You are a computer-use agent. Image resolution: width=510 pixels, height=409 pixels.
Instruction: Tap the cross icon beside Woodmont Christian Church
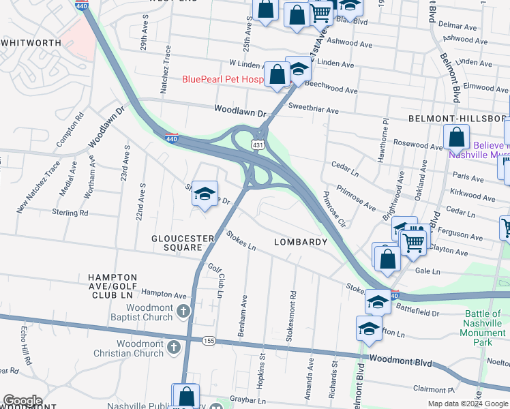coord(173,347)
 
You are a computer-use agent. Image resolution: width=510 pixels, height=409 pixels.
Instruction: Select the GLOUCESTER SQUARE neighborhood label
coord(183,243)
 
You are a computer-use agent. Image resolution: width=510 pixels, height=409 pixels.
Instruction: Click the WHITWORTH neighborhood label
coord(31,42)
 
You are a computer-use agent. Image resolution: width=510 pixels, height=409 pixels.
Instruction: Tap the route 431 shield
coord(257,145)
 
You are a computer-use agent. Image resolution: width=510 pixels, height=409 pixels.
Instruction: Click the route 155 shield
coord(209,340)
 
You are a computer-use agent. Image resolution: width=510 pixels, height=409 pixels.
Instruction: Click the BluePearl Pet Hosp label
coord(222,79)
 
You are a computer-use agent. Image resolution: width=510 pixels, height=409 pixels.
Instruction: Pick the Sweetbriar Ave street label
coord(313,109)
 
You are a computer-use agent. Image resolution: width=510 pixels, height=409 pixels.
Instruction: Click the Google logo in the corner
coord(22,401)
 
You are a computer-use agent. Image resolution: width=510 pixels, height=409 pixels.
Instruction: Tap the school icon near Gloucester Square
coord(205,195)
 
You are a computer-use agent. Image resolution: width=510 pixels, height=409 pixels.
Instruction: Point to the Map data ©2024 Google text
coord(468,404)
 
